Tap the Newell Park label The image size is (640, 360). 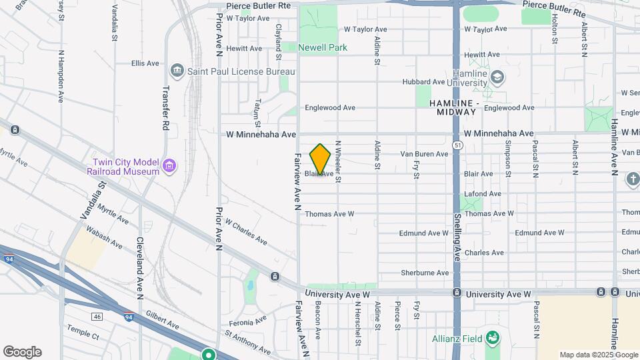tap(323, 48)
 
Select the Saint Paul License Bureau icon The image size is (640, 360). tap(177, 71)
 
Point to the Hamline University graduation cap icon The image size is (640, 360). tap(496, 78)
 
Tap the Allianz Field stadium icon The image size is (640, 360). tap(493, 339)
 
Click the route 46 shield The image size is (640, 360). tap(97, 317)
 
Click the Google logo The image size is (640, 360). tap(22, 352)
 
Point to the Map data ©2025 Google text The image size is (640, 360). tap(598, 355)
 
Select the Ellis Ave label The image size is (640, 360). tap(145, 63)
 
